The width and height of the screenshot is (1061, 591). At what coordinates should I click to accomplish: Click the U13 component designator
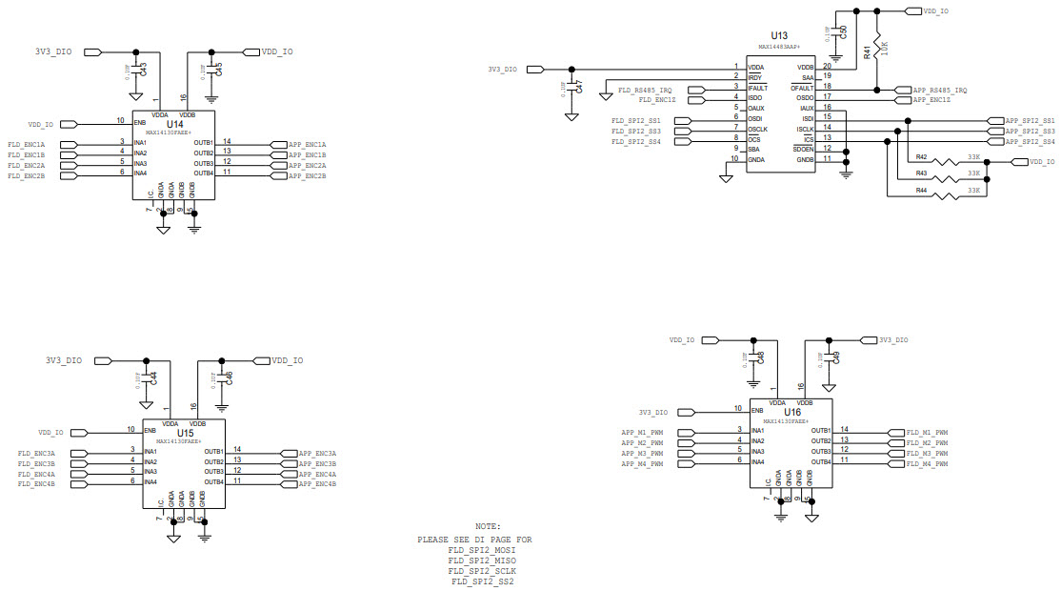(x=778, y=35)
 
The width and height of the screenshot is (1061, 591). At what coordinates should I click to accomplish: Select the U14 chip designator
(x=174, y=124)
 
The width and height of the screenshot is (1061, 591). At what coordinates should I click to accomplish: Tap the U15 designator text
(x=185, y=433)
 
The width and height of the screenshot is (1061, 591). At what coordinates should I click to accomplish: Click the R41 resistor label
(x=867, y=52)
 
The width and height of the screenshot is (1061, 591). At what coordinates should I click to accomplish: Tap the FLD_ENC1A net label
(x=27, y=144)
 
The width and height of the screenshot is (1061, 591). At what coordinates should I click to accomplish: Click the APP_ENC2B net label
(x=308, y=176)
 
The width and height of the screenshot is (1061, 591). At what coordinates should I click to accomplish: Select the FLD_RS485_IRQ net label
(x=645, y=89)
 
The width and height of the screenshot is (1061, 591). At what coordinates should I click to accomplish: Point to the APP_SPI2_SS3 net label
(x=1030, y=132)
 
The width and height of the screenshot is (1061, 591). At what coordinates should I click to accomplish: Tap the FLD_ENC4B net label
(x=37, y=484)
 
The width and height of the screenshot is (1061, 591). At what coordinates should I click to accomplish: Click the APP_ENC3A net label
(x=318, y=454)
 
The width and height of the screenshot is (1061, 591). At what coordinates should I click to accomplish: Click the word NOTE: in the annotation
(x=488, y=526)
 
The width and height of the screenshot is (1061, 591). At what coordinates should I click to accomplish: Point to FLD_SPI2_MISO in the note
(x=482, y=560)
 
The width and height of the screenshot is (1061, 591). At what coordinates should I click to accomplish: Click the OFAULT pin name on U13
(x=803, y=88)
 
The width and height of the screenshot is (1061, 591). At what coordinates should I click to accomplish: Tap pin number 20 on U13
(x=828, y=66)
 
